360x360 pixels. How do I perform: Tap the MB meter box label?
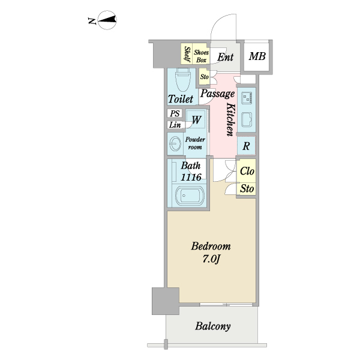[x=257, y=57]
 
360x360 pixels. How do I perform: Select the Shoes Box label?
[x=202, y=56]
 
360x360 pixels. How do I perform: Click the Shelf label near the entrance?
[x=187, y=55]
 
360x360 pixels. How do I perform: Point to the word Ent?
[x=226, y=58]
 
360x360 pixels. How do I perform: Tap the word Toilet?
[x=181, y=99]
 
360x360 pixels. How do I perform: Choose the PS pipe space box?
[x=175, y=113]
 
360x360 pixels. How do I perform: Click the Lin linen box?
[x=175, y=125]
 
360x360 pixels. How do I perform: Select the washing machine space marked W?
[x=196, y=119]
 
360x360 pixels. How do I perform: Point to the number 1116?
[x=191, y=177]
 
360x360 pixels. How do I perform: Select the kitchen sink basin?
[x=247, y=119]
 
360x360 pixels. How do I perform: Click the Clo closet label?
[x=247, y=171]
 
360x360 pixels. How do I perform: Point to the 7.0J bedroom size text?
[x=211, y=259]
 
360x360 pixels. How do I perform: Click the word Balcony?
[x=212, y=326]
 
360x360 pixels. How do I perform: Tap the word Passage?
[x=217, y=94]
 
